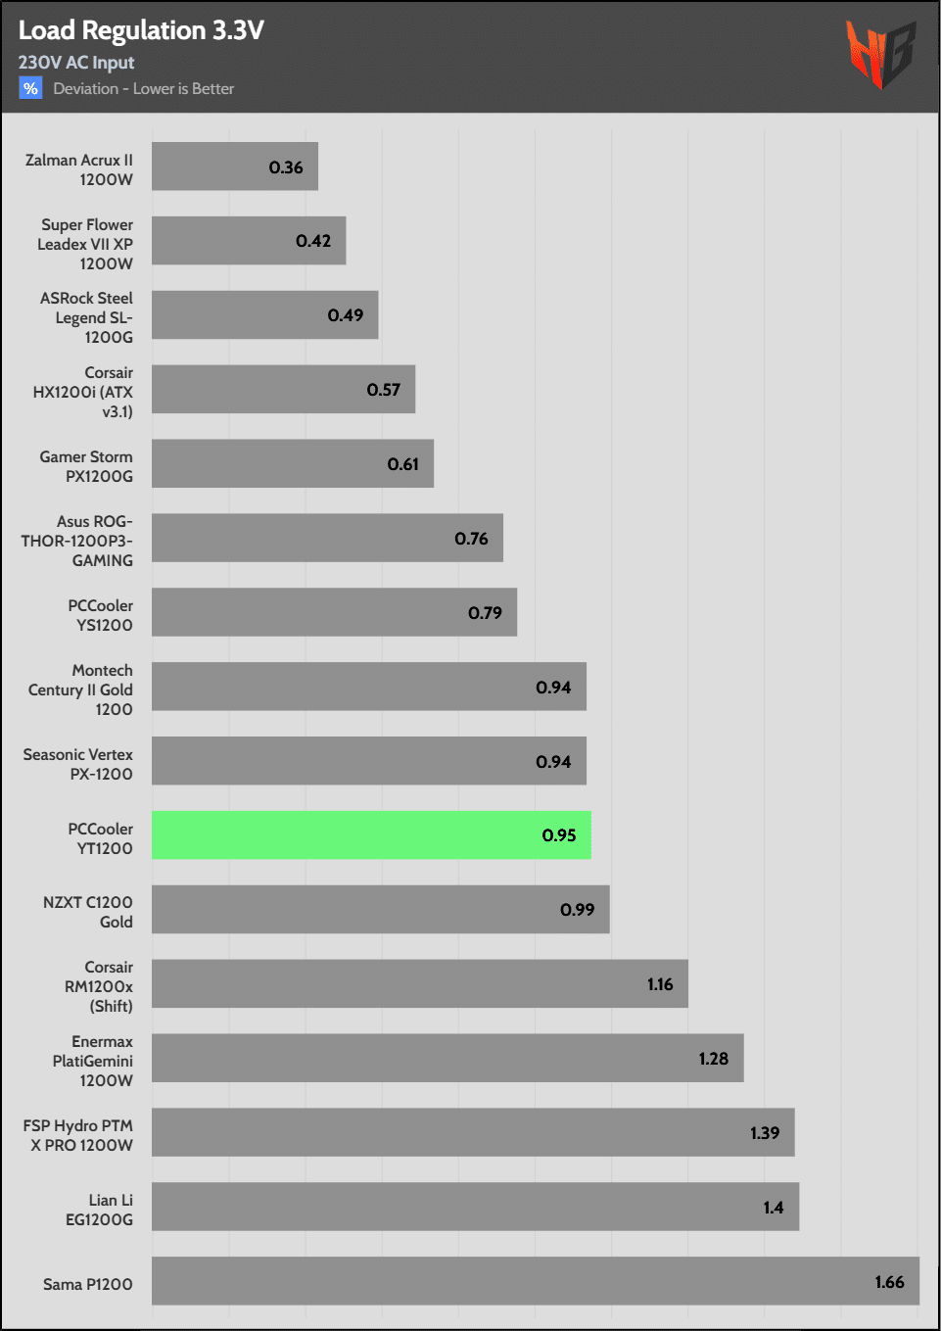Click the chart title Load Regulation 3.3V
click(141, 30)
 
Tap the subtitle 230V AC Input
click(76, 63)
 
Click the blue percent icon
click(30, 88)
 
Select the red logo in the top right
click(880, 54)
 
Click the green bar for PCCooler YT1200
click(371, 835)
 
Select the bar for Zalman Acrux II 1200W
click(235, 166)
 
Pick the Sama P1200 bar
click(535, 1281)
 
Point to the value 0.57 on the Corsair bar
click(384, 390)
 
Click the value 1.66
click(889, 1282)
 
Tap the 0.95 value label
click(559, 835)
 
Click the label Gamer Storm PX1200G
click(86, 466)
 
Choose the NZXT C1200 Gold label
click(88, 912)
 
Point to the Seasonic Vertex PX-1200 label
click(78, 764)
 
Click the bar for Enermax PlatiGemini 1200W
click(447, 1058)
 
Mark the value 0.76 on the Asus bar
click(471, 539)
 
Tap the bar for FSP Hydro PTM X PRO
click(473, 1132)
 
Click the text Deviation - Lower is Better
click(144, 89)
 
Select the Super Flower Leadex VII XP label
click(86, 244)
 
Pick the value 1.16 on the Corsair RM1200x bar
click(660, 984)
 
